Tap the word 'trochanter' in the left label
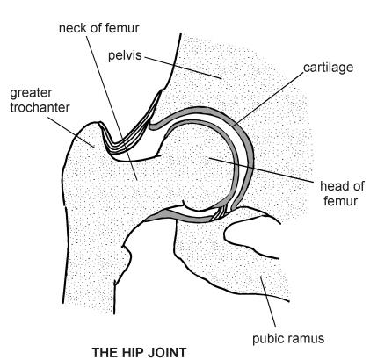(36, 107)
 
